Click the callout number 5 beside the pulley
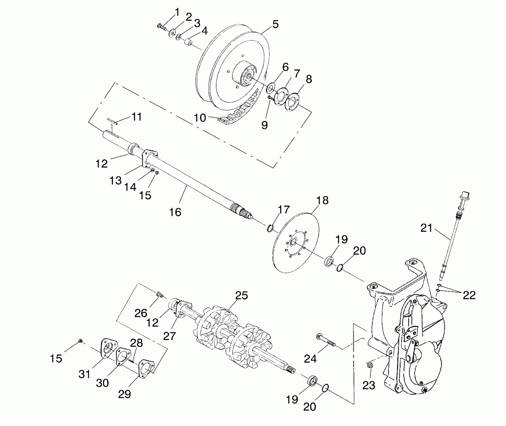(275, 25)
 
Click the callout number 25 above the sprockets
(242, 295)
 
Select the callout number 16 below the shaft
(175, 212)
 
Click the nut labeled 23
(370, 365)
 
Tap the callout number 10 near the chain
(200, 118)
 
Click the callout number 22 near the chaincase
(469, 295)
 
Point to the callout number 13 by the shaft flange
(115, 180)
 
